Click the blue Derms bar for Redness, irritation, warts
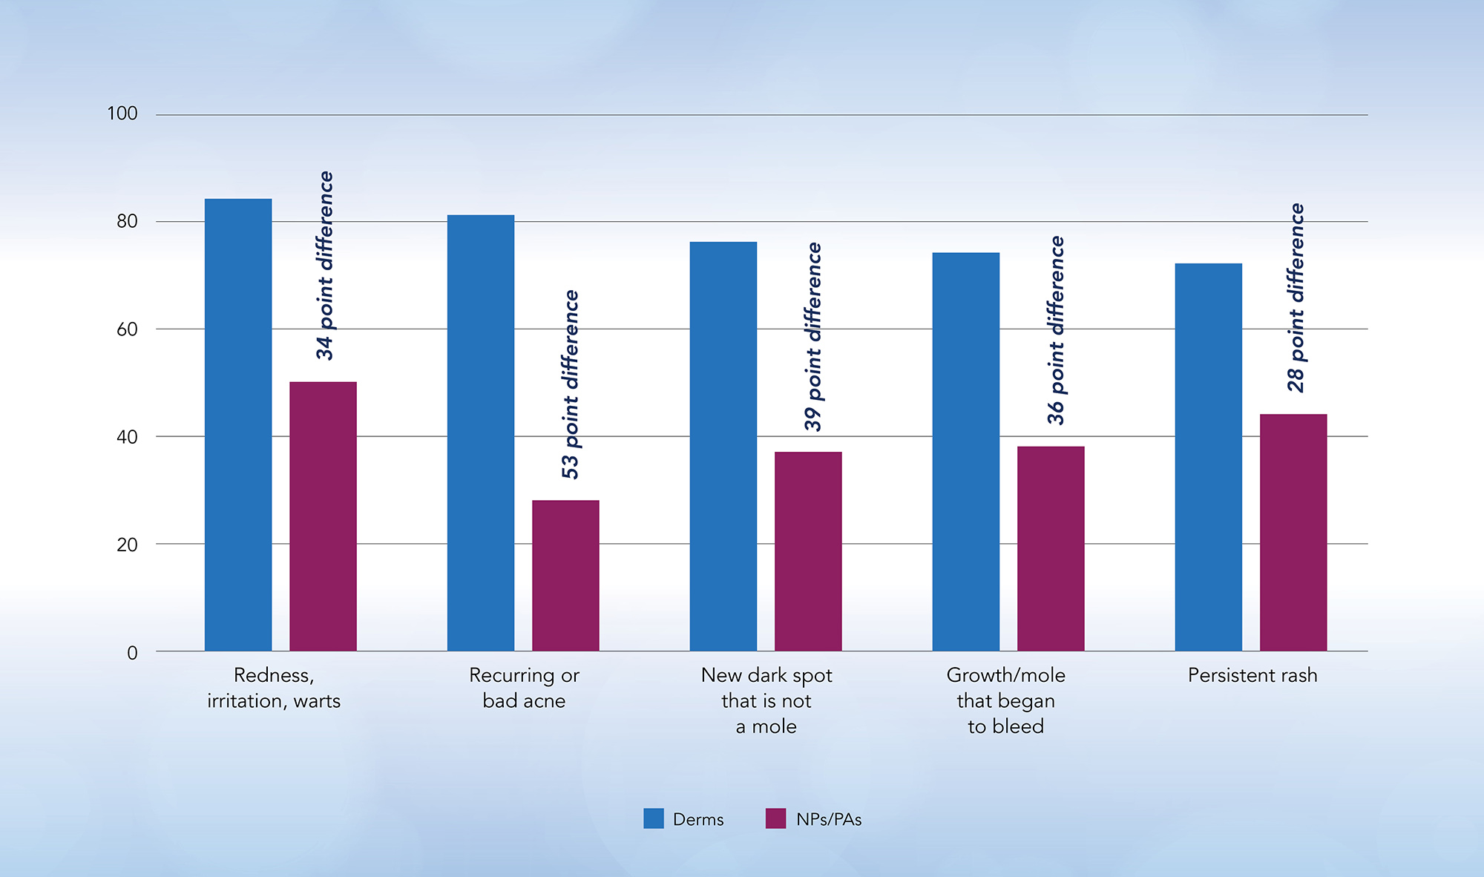point(238,424)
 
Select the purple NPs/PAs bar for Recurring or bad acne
point(565,575)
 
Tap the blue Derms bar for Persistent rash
point(1208,457)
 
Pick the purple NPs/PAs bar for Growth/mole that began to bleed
point(1051,548)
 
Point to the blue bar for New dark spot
point(723,446)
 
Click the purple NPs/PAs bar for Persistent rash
point(1293,532)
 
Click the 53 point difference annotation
point(570,384)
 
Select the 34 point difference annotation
point(325,266)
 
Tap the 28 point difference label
point(1296,298)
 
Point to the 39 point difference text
point(813,336)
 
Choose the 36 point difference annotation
point(1056,330)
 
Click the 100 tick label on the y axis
point(122,114)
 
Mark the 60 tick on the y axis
point(127,329)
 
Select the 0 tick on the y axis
point(132,653)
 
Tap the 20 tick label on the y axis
point(127,545)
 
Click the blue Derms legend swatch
point(654,818)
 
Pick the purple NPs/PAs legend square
point(775,818)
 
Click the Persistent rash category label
point(1252,675)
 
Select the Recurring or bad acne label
point(524,688)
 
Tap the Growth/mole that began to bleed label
point(1005,700)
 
